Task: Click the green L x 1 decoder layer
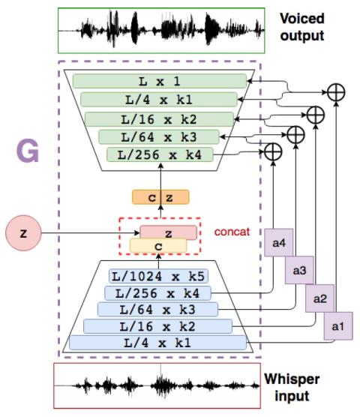coord(160,81)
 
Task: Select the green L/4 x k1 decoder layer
coord(159,100)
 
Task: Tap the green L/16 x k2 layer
coord(159,119)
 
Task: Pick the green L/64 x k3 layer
coord(159,137)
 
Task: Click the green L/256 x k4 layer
coord(160,154)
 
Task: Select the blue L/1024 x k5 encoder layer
coord(158,276)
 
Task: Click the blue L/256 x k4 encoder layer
coord(157,293)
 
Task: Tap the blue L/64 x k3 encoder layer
coord(157,310)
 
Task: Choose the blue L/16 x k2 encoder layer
coord(157,326)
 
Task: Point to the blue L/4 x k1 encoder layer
coord(157,343)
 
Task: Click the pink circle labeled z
coord(23,233)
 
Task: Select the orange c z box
coord(160,197)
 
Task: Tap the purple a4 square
coord(279,242)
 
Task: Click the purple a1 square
coord(338,326)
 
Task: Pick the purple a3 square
coord(299,270)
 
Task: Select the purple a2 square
coord(319,298)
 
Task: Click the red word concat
coord(232,232)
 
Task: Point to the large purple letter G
coord(28,151)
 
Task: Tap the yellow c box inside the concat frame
coord(158,246)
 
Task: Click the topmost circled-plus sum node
coord(336,92)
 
